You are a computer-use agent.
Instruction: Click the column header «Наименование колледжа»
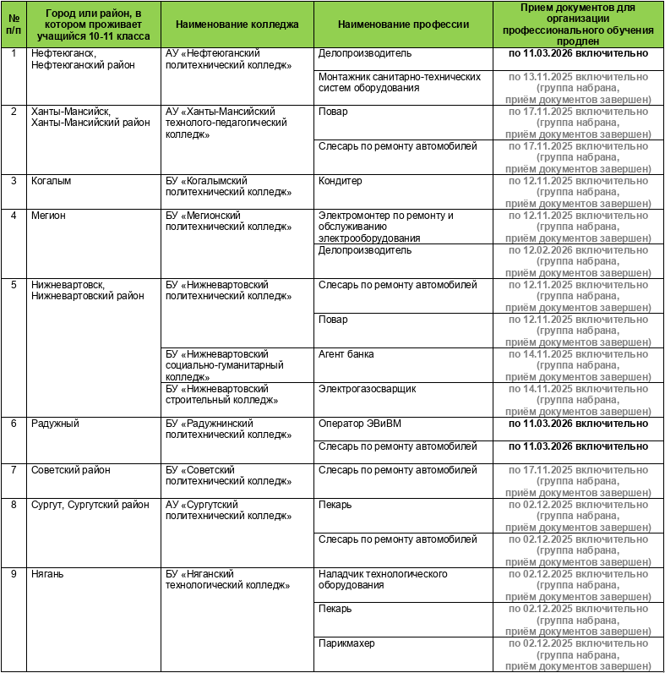click(x=237, y=24)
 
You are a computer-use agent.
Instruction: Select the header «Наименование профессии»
click(x=403, y=24)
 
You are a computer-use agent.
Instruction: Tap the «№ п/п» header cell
click(x=14, y=24)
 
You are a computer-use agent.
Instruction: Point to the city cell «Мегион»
click(x=48, y=216)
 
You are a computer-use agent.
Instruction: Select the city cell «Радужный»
click(x=55, y=424)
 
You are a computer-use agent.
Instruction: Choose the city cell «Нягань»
click(x=47, y=574)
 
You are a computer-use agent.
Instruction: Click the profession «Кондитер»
click(x=341, y=181)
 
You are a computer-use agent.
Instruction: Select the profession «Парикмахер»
click(x=346, y=643)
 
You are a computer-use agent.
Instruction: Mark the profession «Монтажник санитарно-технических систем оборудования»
click(x=400, y=82)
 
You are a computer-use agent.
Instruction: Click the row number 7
click(x=14, y=470)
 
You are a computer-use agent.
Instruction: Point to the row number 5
click(x=14, y=285)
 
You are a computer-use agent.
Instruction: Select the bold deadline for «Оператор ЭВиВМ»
click(x=579, y=424)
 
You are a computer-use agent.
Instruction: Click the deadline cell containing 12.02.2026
click(x=579, y=262)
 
